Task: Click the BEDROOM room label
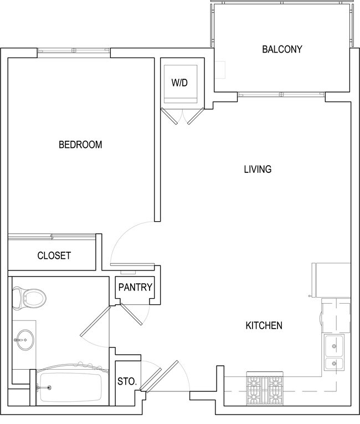coord(80,145)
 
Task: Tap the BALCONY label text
coord(282,49)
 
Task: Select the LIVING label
coord(258,169)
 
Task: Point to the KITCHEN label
coord(264,325)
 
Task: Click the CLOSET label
coord(54,256)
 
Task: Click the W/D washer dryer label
coord(179,83)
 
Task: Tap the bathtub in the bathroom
coord(69,387)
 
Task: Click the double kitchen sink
coord(334,354)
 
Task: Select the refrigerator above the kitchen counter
coord(331,280)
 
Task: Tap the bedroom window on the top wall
coord(74,51)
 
